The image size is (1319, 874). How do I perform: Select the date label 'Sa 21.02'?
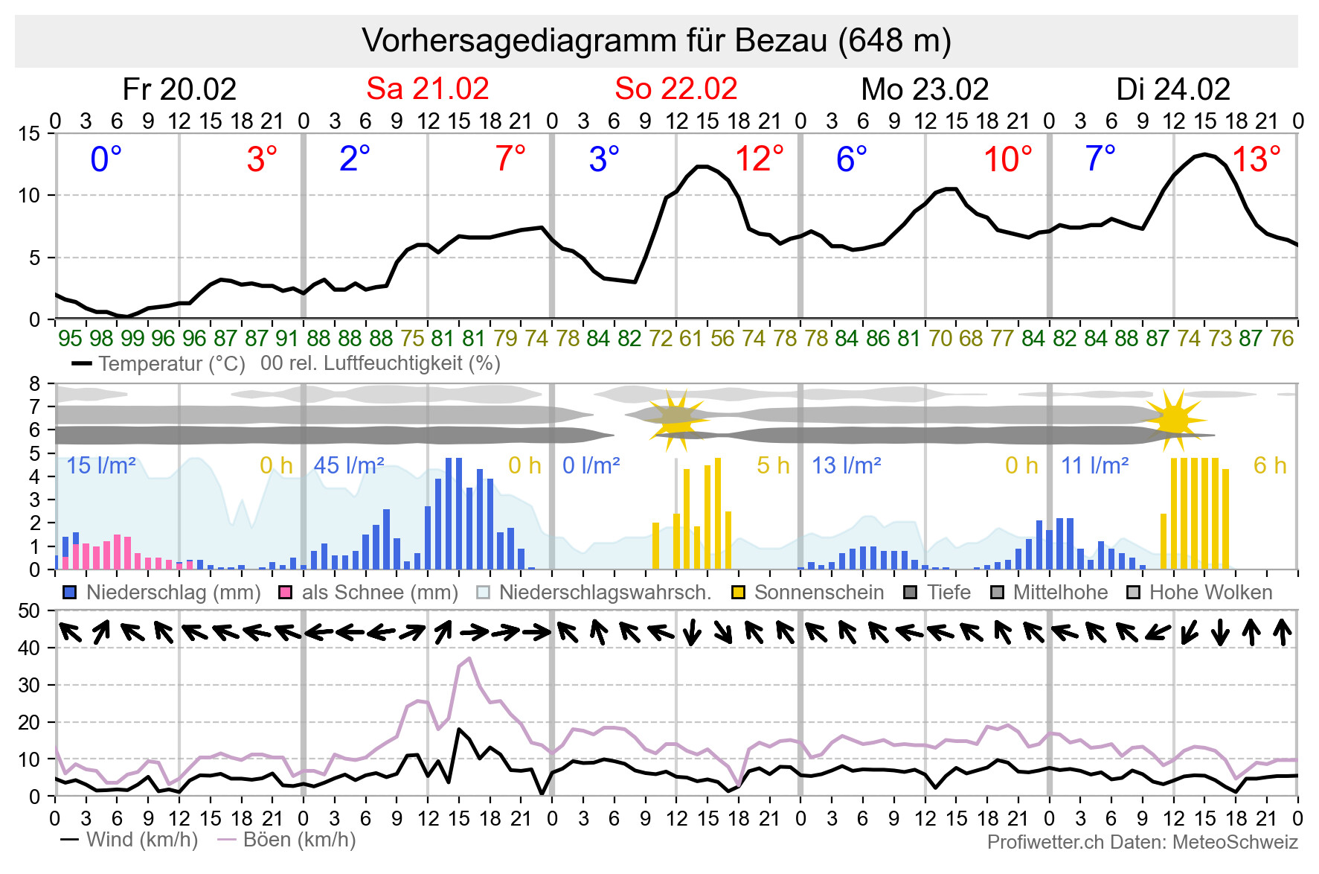tap(427, 89)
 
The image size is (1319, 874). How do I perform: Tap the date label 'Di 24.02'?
tap(1173, 89)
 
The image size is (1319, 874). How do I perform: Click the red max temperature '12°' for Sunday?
tap(759, 159)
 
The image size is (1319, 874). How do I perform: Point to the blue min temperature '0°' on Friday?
tap(106, 159)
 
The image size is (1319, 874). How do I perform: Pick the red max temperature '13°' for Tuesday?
tap(1256, 159)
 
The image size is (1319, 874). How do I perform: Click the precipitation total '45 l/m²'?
tap(349, 466)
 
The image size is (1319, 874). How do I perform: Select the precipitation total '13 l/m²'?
tap(846, 466)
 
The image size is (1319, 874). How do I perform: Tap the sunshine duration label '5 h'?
tap(773, 466)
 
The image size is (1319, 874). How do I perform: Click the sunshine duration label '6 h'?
tap(1269, 466)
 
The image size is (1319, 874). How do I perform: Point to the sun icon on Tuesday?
tap(1174, 420)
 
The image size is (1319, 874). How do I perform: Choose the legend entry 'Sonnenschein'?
tap(818, 593)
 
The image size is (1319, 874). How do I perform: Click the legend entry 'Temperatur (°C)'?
tap(171, 364)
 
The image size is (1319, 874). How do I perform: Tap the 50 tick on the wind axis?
tap(29, 611)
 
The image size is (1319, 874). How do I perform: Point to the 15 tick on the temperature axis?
tap(29, 134)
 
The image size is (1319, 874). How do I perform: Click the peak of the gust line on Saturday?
tap(469, 658)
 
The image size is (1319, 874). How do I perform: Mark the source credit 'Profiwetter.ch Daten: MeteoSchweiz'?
tap(1142, 842)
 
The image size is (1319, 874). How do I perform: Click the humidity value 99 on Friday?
tap(132, 339)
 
